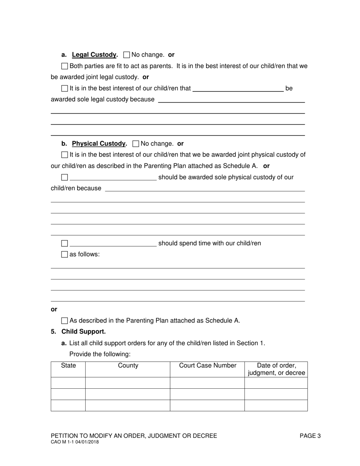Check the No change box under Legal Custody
[x=127, y=55]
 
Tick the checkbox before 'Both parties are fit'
[x=64, y=66]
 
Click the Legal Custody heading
[x=94, y=55]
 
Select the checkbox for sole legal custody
[x=64, y=89]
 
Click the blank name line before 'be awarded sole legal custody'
[x=238, y=89]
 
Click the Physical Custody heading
[x=99, y=144]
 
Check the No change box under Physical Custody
[x=136, y=144]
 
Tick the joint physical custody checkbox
[x=64, y=155]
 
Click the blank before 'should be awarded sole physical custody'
[x=113, y=177]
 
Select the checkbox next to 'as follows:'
[x=64, y=255]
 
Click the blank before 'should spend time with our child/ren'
[x=113, y=243]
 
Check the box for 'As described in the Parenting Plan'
[x=64, y=321]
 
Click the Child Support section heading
[x=83, y=332]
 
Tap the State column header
[x=68, y=366]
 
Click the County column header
[x=128, y=366]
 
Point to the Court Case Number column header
[x=207, y=366]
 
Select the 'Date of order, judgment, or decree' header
[x=276, y=369]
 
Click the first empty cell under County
[x=128, y=383]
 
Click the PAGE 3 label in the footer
[x=310, y=436]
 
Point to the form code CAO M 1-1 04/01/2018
[x=75, y=442]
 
